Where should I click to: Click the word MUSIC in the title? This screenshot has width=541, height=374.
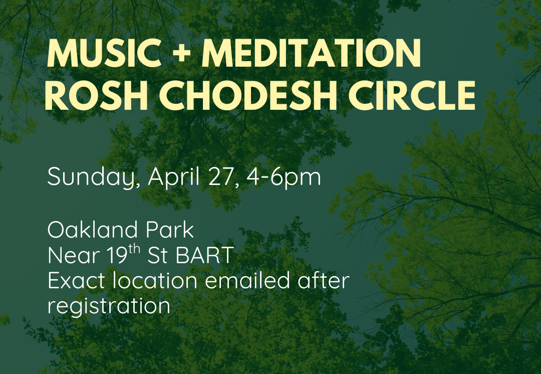coord(105,53)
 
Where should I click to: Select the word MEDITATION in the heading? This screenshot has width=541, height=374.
coord(311,53)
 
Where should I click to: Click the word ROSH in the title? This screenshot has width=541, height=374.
coord(97,96)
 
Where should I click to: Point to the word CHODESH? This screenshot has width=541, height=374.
coord(248,96)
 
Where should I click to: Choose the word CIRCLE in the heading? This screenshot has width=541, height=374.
coord(412,96)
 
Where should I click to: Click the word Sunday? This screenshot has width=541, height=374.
coord(94,177)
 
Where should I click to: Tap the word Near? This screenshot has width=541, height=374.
coord(74,256)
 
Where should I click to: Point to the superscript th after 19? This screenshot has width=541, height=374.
coord(135,249)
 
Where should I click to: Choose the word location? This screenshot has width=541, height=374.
coord(155,280)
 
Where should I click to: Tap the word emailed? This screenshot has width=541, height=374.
coord(247,280)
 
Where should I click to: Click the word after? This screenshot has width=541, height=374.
coord(324,280)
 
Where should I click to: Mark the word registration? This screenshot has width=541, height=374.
coord(109,306)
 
